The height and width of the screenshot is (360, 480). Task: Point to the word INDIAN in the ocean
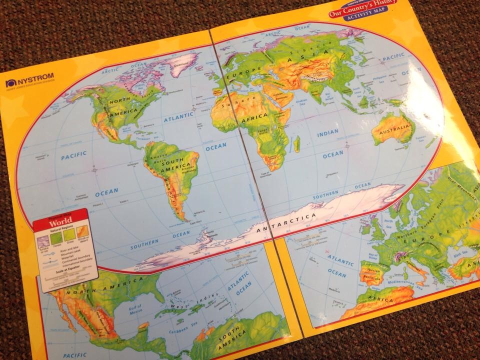pos(327,134)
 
